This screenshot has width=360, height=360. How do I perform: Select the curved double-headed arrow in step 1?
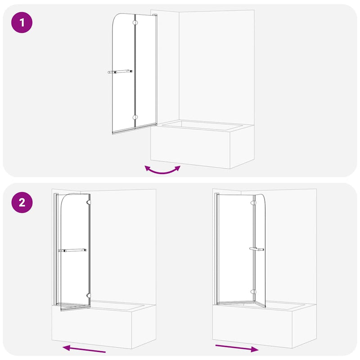point(162,170)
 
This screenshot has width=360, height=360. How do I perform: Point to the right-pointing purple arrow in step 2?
point(237,348)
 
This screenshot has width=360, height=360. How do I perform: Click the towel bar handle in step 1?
point(120,72)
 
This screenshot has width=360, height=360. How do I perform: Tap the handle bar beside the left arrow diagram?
point(74,251)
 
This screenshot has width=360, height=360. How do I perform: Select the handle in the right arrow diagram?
point(256,249)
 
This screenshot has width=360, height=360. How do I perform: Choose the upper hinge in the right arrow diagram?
point(254,203)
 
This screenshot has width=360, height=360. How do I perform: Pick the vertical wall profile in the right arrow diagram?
point(217,247)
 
